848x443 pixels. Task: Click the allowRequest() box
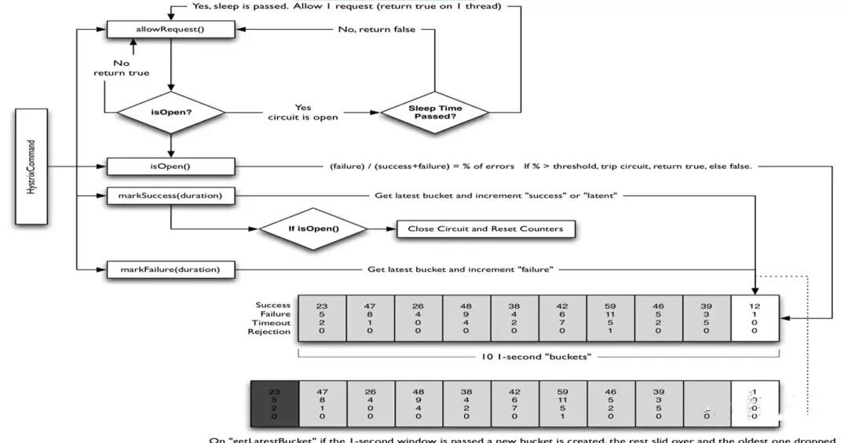[170, 29]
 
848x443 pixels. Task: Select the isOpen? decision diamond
[170, 112]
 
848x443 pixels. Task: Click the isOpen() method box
[170, 167]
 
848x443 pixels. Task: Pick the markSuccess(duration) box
[170, 196]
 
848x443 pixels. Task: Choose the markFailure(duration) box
[170, 269]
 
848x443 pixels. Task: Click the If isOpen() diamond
[313, 229]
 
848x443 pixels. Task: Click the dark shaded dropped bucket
[274, 403]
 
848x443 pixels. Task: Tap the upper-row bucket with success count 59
[611, 317]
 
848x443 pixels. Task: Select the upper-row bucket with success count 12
[755, 317]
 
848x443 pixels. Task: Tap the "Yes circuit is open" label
[302, 112]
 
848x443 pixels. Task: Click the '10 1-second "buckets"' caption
[538, 357]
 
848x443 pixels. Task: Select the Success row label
[272, 305]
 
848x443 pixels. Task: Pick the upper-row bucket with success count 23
[322, 317]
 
